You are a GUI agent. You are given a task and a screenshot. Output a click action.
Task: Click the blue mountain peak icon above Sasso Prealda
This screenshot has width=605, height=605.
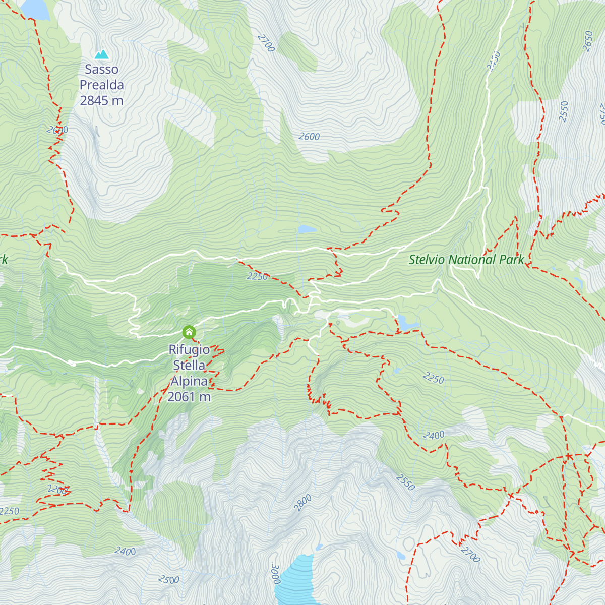(x=102, y=54)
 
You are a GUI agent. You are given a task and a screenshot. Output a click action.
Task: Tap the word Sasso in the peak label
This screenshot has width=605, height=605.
(x=102, y=70)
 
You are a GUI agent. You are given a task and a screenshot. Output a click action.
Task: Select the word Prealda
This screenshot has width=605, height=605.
(x=102, y=85)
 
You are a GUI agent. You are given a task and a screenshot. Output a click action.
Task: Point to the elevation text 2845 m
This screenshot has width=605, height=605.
(x=102, y=100)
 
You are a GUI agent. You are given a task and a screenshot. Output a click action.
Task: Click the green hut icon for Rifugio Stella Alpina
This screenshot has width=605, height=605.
(x=189, y=332)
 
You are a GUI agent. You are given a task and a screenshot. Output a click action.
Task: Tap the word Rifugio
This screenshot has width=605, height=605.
(x=189, y=349)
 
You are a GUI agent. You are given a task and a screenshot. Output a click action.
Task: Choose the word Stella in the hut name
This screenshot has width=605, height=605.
(x=189, y=365)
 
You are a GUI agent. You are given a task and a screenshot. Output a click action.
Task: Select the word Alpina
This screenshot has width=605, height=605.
(x=189, y=381)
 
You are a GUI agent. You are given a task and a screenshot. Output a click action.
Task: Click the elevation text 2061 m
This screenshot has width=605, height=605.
(x=189, y=397)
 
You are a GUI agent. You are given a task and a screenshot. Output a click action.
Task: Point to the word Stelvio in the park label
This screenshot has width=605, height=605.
(x=427, y=260)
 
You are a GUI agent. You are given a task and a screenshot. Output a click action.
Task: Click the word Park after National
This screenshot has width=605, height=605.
(x=512, y=260)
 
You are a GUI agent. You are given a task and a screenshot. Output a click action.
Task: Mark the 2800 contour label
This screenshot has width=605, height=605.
(x=303, y=503)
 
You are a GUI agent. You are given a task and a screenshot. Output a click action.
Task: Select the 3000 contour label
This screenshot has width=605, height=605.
(x=275, y=574)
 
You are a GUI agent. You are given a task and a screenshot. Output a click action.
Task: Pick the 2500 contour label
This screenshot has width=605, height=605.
(x=168, y=580)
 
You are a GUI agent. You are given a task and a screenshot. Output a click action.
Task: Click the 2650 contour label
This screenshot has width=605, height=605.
(x=588, y=41)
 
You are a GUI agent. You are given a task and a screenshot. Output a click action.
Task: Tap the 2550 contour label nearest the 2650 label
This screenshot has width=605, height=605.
(x=564, y=111)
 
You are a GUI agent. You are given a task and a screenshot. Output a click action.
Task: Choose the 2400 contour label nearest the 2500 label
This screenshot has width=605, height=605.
(x=125, y=551)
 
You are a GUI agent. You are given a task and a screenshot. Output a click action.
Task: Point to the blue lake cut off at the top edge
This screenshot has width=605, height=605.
(x=35, y=8)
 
